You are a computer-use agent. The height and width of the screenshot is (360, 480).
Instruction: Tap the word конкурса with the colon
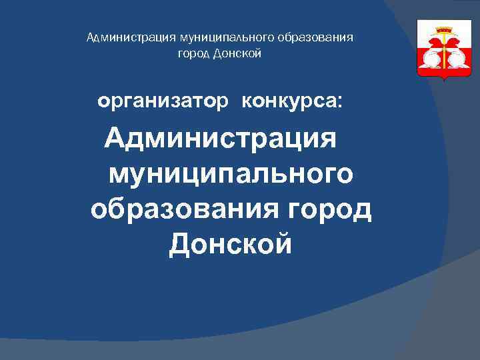tap(293, 103)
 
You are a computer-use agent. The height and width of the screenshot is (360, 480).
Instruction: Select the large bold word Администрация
tap(221, 141)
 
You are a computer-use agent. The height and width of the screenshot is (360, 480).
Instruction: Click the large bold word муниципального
tap(231, 175)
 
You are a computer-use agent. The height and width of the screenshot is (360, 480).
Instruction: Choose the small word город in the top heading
tap(192, 53)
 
